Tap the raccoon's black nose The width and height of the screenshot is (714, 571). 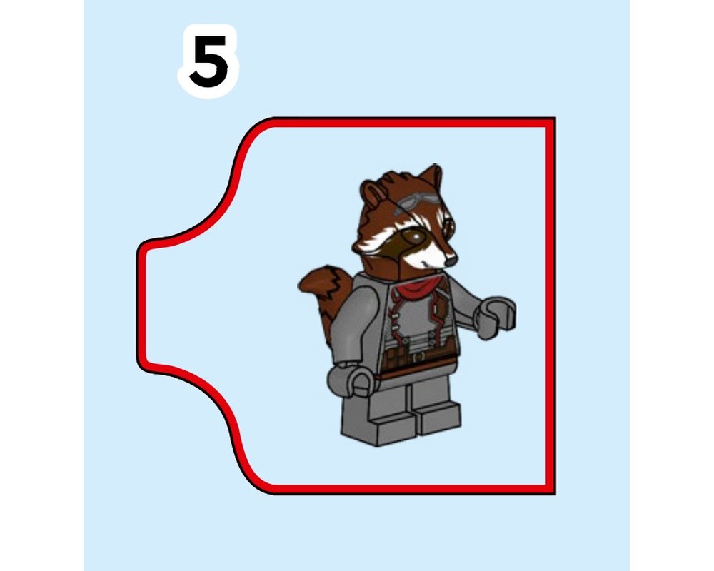coord(451,261)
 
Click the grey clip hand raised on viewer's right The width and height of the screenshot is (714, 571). coord(497,315)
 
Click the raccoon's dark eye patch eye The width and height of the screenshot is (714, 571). coord(413,236)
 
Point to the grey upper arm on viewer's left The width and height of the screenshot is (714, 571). coord(358,314)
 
